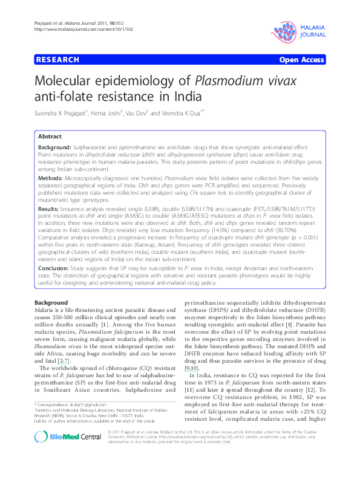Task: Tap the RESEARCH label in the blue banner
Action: coord(58,59)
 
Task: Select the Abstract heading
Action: coord(50,137)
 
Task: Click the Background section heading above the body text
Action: coord(51,302)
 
